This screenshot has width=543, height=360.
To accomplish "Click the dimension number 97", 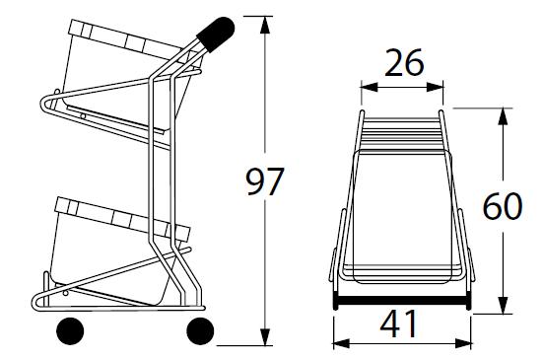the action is point(264,181).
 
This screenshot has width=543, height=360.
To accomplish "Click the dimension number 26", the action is point(404,63).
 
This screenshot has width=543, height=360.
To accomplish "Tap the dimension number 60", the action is point(503,207).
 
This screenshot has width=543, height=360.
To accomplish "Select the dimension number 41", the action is point(398,324).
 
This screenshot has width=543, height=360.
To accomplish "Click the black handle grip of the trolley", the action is point(217,34).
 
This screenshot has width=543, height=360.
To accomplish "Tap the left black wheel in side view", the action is point(70,330).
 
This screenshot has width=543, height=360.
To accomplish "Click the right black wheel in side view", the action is point(200,330).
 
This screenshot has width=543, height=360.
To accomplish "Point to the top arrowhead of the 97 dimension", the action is point(265,25).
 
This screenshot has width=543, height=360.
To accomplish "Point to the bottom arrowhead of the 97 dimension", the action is point(265,336).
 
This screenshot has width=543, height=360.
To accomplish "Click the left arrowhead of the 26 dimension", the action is point(370,87).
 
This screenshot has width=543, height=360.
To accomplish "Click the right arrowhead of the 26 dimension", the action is point(435,87).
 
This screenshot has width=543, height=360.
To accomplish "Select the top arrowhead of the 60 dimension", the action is point(503,116).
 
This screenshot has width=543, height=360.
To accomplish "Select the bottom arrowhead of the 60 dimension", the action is point(503,305).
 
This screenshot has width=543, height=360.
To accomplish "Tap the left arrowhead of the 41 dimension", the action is point(342,343).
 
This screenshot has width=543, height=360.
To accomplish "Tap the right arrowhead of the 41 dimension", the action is point(463,343).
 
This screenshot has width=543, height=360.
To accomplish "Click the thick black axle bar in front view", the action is point(402,301).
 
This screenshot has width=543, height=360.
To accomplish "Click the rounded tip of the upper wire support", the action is point(42,104).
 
